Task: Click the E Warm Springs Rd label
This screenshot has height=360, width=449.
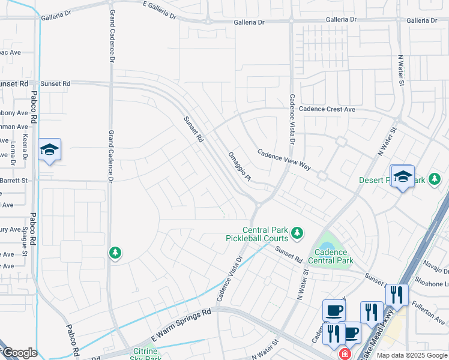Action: (182, 325)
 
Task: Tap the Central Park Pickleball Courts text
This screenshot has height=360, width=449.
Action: (265, 234)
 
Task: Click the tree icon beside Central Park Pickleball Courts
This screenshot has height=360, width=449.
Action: (296, 232)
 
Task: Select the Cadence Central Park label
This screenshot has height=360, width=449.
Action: (330, 256)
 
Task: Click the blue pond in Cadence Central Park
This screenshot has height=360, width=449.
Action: (327, 245)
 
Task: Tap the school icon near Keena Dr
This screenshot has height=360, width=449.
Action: (50, 150)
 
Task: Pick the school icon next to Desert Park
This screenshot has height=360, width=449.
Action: (403, 176)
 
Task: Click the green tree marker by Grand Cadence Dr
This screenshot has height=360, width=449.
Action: (115, 253)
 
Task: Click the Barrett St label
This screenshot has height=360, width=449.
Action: (14, 180)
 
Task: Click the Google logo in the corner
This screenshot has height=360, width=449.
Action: (19, 353)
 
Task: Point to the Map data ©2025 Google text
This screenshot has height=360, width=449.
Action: (412, 355)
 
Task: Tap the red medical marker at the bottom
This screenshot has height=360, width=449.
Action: (345, 354)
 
